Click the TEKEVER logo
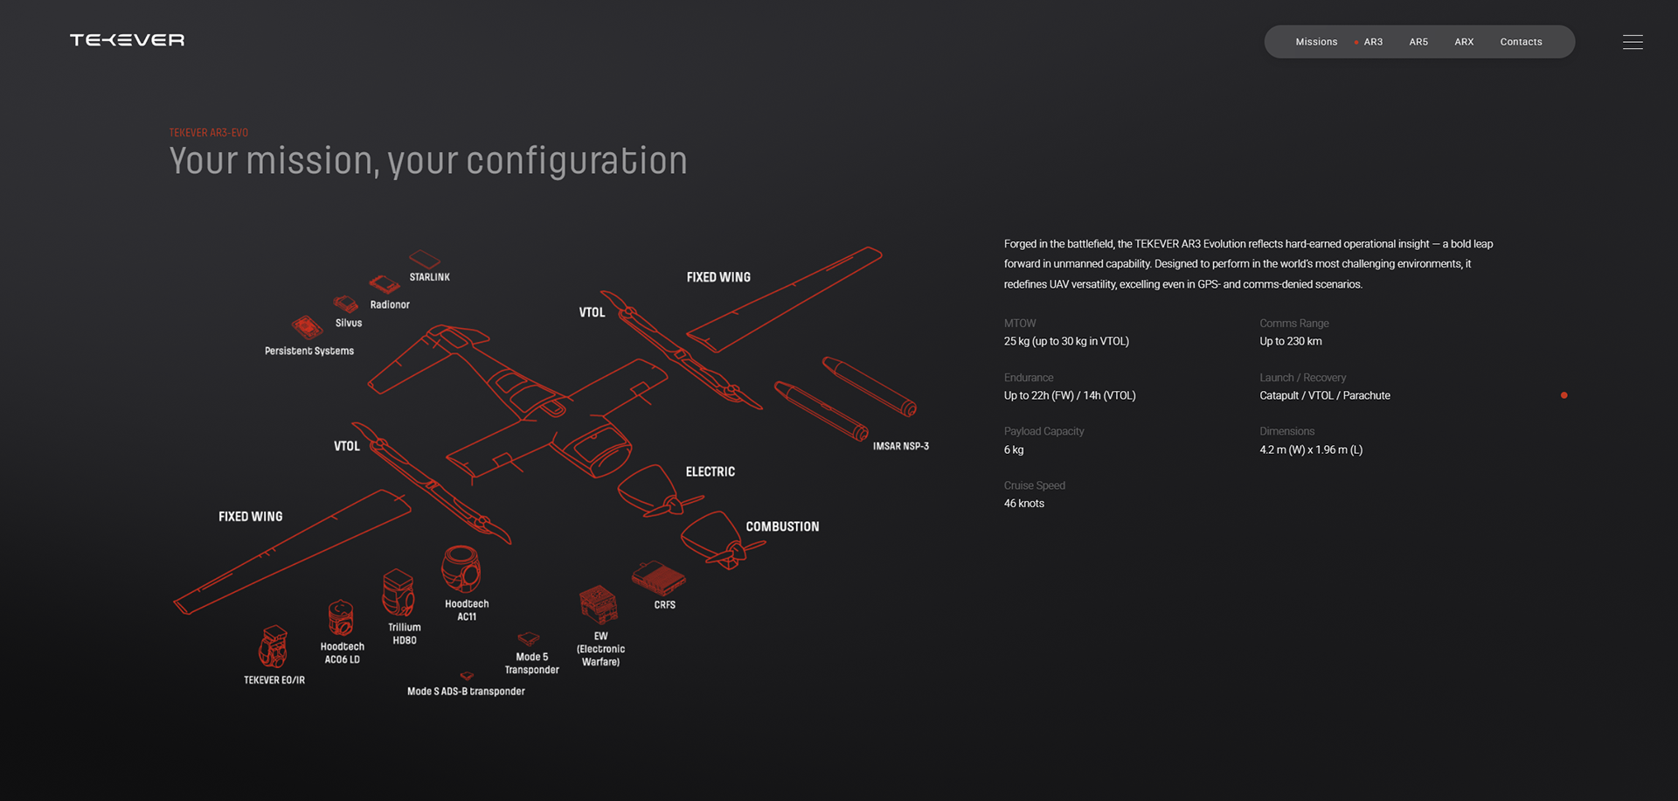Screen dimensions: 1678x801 pyautogui.click(x=127, y=40)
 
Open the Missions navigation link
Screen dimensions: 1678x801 pyautogui.click(x=1315, y=42)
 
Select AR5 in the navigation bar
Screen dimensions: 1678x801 pyautogui.click(x=1418, y=42)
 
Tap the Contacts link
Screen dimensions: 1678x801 pyautogui.click(x=1521, y=42)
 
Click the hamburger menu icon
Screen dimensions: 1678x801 pyautogui.click(x=1632, y=42)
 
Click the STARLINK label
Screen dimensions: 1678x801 pyautogui.click(x=429, y=277)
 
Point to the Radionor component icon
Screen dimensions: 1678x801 pyautogui.click(x=384, y=284)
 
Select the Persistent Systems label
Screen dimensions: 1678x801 pyautogui.click(x=309, y=351)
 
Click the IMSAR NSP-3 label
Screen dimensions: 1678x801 pyautogui.click(x=900, y=446)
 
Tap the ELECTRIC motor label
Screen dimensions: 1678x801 pyautogui.click(x=710, y=472)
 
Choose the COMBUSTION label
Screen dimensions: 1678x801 pyautogui.click(x=782, y=526)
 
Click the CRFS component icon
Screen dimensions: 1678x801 pyautogui.click(x=658, y=578)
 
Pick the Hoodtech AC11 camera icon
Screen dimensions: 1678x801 pyautogui.click(x=461, y=569)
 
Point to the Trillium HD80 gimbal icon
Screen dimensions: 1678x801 pyautogui.click(x=399, y=593)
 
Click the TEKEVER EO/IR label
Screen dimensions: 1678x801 pyautogui.click(x=274, y=680)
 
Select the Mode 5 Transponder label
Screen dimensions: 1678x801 pyautogui.click(x=531, y=663)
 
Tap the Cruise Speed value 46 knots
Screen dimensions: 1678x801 pyautogui.click(x=1023, y=504)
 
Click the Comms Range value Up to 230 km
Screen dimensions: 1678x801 pyautogui.click(x=1290, y=342)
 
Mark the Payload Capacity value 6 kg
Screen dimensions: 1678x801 pyautogui.click(x=1014, y=450)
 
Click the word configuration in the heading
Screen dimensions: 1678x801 pyautogui.click(x=577, y=162)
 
